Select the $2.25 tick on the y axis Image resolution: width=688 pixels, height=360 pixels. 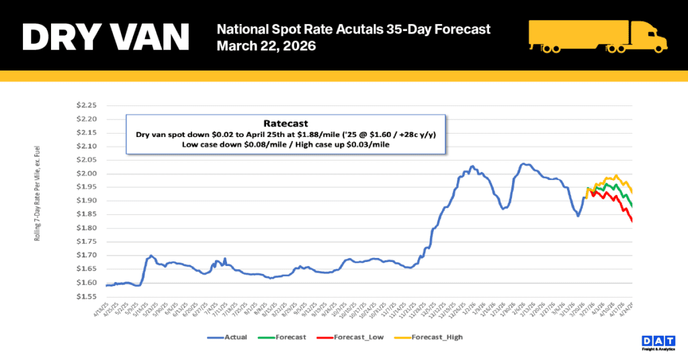(x=87, y=105)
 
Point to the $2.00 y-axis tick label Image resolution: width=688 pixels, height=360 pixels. (x=87, y=174)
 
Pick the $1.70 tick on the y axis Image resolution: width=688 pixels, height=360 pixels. (x=87, y=255)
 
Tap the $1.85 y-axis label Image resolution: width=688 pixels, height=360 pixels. (x=87, y=215)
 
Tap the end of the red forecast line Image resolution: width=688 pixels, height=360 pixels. (x=632, y=221)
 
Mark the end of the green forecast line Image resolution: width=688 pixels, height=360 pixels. (x=632, y=206)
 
